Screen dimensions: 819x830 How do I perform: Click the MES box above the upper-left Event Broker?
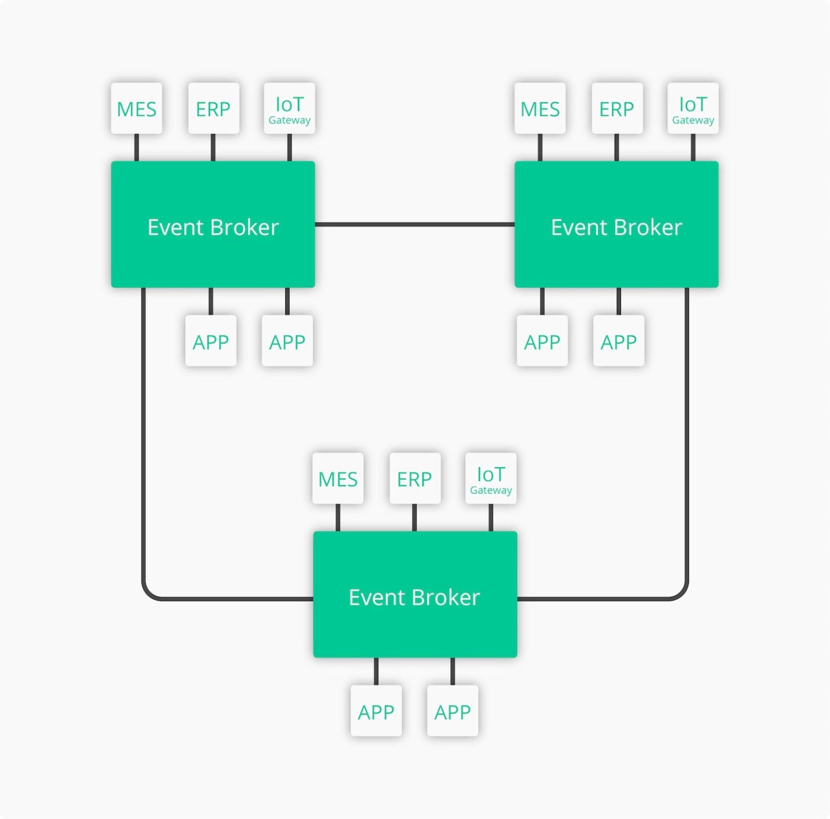click(137, 109)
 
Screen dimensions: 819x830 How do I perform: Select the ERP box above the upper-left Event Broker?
click(213, 109)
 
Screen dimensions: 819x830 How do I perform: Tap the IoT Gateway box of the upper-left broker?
click(290, 109)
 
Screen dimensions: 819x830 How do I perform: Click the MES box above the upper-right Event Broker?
click(540, 109)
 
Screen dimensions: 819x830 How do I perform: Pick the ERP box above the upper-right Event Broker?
click(617, 109)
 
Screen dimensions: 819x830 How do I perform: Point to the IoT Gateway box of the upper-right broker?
click(693, 109)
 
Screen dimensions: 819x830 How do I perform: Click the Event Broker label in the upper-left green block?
click(213, 228)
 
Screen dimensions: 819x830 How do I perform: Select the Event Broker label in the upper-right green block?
click(617, 228)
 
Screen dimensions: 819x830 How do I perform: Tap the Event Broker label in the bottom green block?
click(414, 597)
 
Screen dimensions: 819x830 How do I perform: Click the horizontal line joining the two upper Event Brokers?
click(414, 224)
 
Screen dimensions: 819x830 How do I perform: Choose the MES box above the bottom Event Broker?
click(338, 479)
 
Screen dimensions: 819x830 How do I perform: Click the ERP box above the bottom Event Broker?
click(414, 479)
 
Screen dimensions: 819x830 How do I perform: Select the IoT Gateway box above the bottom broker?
click(491, 479)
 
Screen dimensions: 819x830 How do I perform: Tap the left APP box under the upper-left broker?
click(211, 341)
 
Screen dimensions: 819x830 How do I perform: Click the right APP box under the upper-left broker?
click(287, 341)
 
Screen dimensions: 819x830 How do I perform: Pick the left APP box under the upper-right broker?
click(542, 341)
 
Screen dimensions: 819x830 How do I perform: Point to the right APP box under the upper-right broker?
click(619, 341)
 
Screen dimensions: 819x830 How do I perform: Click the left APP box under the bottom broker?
click(376, 711)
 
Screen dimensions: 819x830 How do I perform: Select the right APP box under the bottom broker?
click(453, 711)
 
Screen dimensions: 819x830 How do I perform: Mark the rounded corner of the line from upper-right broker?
click(681, 594)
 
